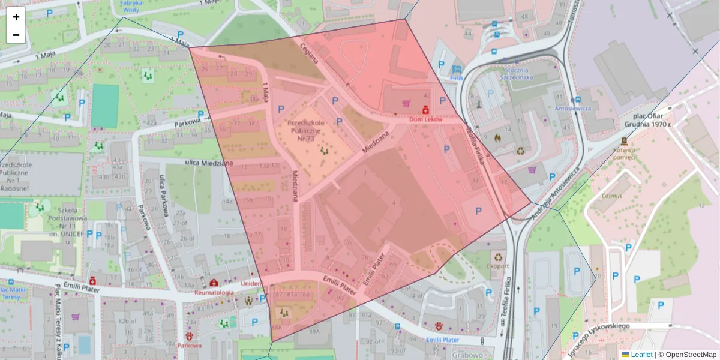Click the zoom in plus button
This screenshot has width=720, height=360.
pyautogui.click(x=16, y=16)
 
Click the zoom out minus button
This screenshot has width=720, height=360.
pyautogui.click(x=16, y=35)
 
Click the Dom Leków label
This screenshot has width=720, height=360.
pyautogui.click(x=425, y=119)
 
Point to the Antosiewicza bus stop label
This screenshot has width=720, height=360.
pyautogui.click(x=573, y=109)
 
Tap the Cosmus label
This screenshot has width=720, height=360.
pyautogui.click(x=613, y=196)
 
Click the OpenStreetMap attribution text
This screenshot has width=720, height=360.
pyautogui.click(x=691, y=355)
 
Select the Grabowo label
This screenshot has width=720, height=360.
pyautogui.click(x=467, y=355)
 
